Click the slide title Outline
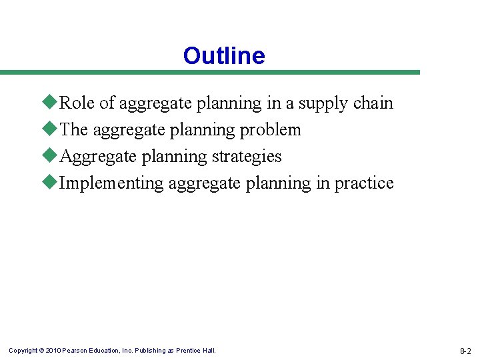click(224, 56)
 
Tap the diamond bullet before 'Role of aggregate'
click(53, 103)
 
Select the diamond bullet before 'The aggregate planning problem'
click(53, 129)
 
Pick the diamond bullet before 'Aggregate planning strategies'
click(53, 156)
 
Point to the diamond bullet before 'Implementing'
click(53, 183)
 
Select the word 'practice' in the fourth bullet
click(364, 183)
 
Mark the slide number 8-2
click(465, 351)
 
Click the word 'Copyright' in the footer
click(23, 351)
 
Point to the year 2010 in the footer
click(53, 351)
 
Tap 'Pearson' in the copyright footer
click(77, 351)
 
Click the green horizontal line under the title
click(210, 72)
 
